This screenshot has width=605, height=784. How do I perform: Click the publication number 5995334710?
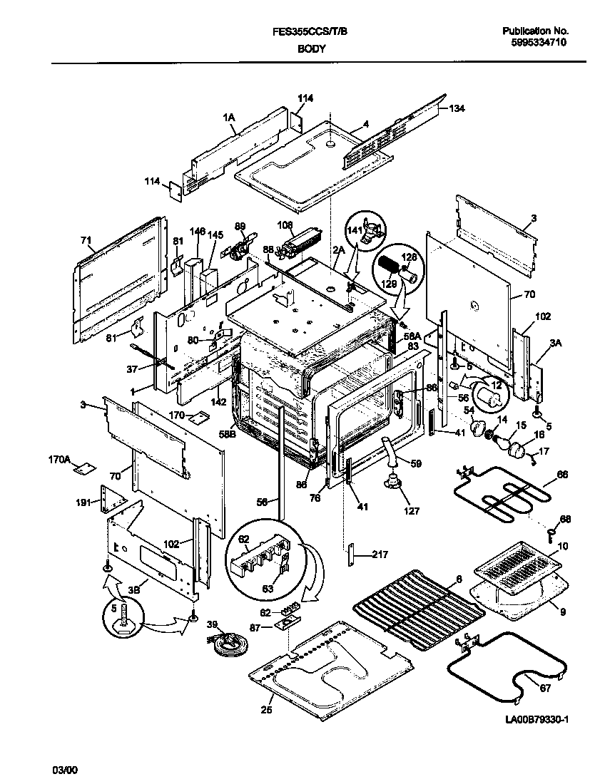click(539, 43)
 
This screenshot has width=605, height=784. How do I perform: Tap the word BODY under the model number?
click(311, 48)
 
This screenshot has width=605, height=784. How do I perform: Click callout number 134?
click(457, 108)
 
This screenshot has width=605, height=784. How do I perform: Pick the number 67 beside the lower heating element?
click(544, 688)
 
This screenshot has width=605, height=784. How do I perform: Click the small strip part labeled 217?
click(351, 555)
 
